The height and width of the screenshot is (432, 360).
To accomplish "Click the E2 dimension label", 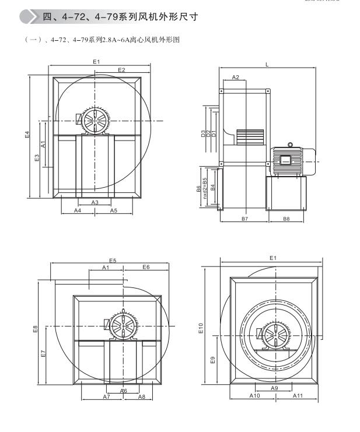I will tap(121, 70).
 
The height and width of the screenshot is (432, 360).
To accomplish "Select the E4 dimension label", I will tap(27, 135).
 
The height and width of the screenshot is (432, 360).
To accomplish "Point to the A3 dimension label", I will tap(95, 202).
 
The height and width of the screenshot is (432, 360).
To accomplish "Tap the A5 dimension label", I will tap(114, 210).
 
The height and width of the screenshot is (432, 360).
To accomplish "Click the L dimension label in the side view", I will tap(267, 65).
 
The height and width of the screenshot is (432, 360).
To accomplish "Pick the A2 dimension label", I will tap(236, 77).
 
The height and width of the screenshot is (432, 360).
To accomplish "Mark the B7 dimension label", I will tap(244, 218).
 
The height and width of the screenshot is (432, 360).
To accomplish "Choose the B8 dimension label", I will tap(286, 218).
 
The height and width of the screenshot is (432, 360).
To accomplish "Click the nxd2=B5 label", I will tap(205, 188).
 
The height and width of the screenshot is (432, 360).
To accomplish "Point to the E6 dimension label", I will tap(146, 267).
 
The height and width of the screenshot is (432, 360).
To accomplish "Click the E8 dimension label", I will tap(36, 329).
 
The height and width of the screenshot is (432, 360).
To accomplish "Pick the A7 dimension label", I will tap(106, 396).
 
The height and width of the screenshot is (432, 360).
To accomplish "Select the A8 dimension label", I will tap(142, 396).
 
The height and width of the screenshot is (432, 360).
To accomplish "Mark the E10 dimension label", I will tap(202, 330).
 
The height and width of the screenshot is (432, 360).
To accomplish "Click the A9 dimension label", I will tap(274, 387).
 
